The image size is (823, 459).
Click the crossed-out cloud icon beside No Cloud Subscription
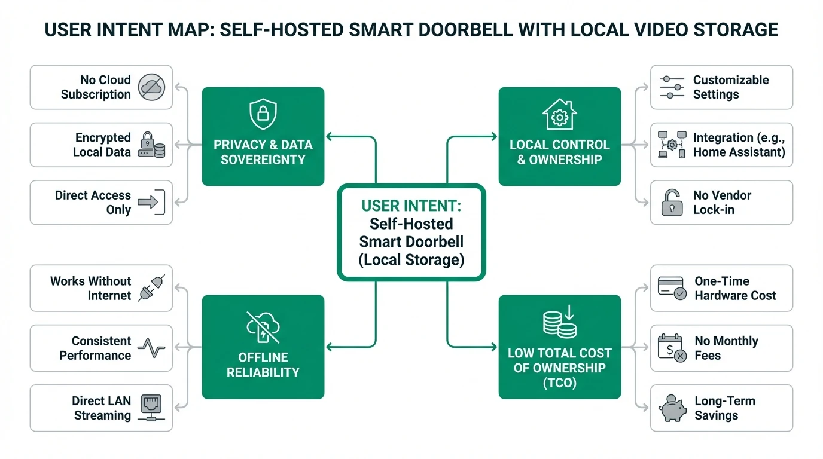tap(151, 87)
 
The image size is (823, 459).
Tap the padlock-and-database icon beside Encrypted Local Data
tap(151, 145)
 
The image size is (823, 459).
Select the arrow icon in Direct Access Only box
tap(151, 203)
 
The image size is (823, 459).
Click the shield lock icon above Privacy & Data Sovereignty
tap(263, 114)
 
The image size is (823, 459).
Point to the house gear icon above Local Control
tap(559, 114)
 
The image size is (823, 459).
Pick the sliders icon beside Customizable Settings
tap(672, 87)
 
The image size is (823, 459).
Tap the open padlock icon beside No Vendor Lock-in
tap(672, 203)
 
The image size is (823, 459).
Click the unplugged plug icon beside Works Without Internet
tap(151, 288)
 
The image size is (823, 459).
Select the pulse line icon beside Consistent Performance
tap(151, 348)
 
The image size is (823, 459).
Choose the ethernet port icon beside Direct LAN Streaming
tap(151, 408)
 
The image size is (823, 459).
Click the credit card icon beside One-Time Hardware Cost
tap(672, 288)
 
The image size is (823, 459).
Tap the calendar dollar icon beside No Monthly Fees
tap(672, 348)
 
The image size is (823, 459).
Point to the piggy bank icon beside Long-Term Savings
tap(672, 408)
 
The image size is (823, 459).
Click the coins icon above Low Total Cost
tap(559, 322)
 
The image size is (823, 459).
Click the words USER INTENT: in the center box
tap(411, 207)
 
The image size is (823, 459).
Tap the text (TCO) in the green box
tap(559, 383)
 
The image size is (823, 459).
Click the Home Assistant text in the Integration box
tap(739, 152)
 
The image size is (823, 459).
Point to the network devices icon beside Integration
tap(672, 145)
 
